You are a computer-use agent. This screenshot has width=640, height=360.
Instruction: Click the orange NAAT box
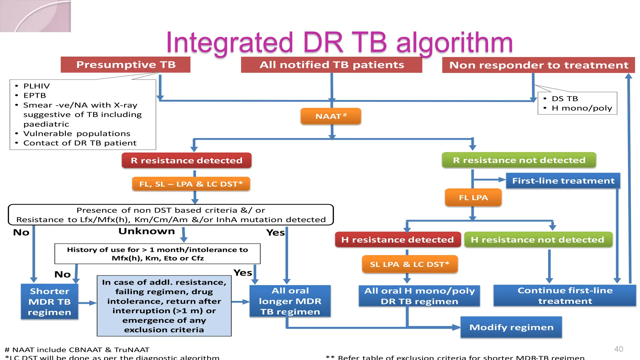(331, 116)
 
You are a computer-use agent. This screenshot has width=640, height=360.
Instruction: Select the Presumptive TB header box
(126, 65)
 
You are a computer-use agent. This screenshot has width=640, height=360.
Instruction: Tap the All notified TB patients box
(332, 65)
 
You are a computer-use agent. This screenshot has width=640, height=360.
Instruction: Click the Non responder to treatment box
(538, 65)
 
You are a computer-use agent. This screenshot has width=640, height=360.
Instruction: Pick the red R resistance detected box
(187, 160)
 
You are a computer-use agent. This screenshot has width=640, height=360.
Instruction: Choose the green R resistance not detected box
(519, 160)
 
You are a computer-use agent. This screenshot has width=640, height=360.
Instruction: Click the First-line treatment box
(563, 181)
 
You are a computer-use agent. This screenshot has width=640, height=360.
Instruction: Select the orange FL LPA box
(473, 197)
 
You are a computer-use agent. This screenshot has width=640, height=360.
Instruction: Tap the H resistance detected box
(397, 240)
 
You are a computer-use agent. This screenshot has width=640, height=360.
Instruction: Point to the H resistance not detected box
(537, 240)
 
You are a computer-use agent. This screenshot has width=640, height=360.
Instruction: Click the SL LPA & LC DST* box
(409, 264)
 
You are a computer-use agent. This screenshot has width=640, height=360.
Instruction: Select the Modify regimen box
(511, 327)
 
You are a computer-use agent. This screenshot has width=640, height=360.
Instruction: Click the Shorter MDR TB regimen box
(49, 302)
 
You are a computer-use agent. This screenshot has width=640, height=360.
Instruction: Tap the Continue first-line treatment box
(565, 296)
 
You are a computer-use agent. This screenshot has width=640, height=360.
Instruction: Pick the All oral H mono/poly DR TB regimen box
(419, 296)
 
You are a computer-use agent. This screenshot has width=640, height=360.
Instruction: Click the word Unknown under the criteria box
(147, 231)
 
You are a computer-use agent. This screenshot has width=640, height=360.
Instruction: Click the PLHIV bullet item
(37, 86)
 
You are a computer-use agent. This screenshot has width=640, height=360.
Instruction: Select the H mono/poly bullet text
(582, 108)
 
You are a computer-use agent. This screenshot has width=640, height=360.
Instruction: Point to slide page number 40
(618, 349)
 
